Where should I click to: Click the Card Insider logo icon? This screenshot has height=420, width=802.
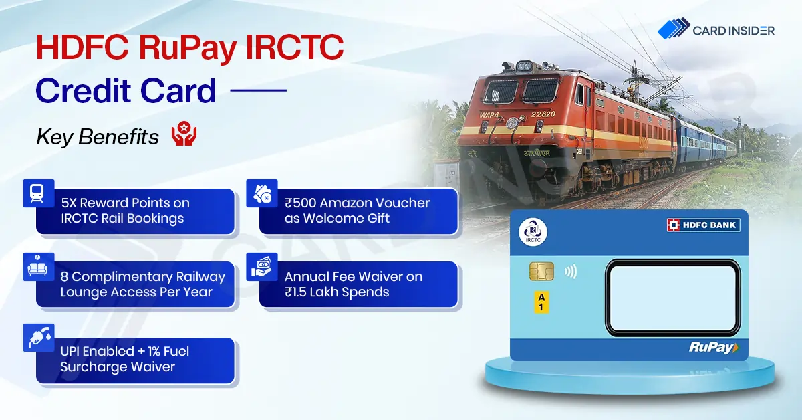pyautogui.click(x=674, y=28)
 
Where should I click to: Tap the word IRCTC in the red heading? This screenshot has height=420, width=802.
pyautogui.click(x=294, y=47)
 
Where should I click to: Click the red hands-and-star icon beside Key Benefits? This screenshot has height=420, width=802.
pyautogui.click(x=184, y=134)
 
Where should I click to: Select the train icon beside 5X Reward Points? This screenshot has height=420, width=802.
pyautogui.click(x=37, y=193)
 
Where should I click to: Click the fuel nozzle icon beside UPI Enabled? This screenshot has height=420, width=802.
pyautogui.click(x=39, y=338)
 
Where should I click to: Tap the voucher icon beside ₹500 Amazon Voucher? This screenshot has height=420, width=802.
pyautogui.click(x=263, y=193)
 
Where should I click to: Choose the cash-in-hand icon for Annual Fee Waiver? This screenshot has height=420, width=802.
pyautogui.click(x=261, y=267)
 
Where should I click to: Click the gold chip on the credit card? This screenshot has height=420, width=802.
pyautogui.click(x=541, y=272)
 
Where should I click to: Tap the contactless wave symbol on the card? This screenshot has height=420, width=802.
pyautogui.click(x=570, y=272)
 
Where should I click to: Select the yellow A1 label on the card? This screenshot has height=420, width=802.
pyautogui.click(x=541, y=302)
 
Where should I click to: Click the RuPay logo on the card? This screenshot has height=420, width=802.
pyautogui.click(x=714, y=348)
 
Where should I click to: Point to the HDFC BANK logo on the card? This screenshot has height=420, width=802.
pyautogui.click(x=703, y=225)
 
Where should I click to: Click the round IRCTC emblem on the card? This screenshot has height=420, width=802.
pyautogui.click(x=533, y=232)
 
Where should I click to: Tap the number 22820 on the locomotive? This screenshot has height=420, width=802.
pyautogui.click(x=543, y=114)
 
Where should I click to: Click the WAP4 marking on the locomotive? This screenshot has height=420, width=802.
pyautogui.click(x=489, y=115)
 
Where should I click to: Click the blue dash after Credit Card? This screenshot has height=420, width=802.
pyautogui.click(x=258, y=90)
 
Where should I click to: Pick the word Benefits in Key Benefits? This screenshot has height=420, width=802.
pyautogui.click(x=118, y=137)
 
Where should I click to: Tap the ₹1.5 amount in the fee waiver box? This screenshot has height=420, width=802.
pyautogui.click(x=295, y=292)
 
